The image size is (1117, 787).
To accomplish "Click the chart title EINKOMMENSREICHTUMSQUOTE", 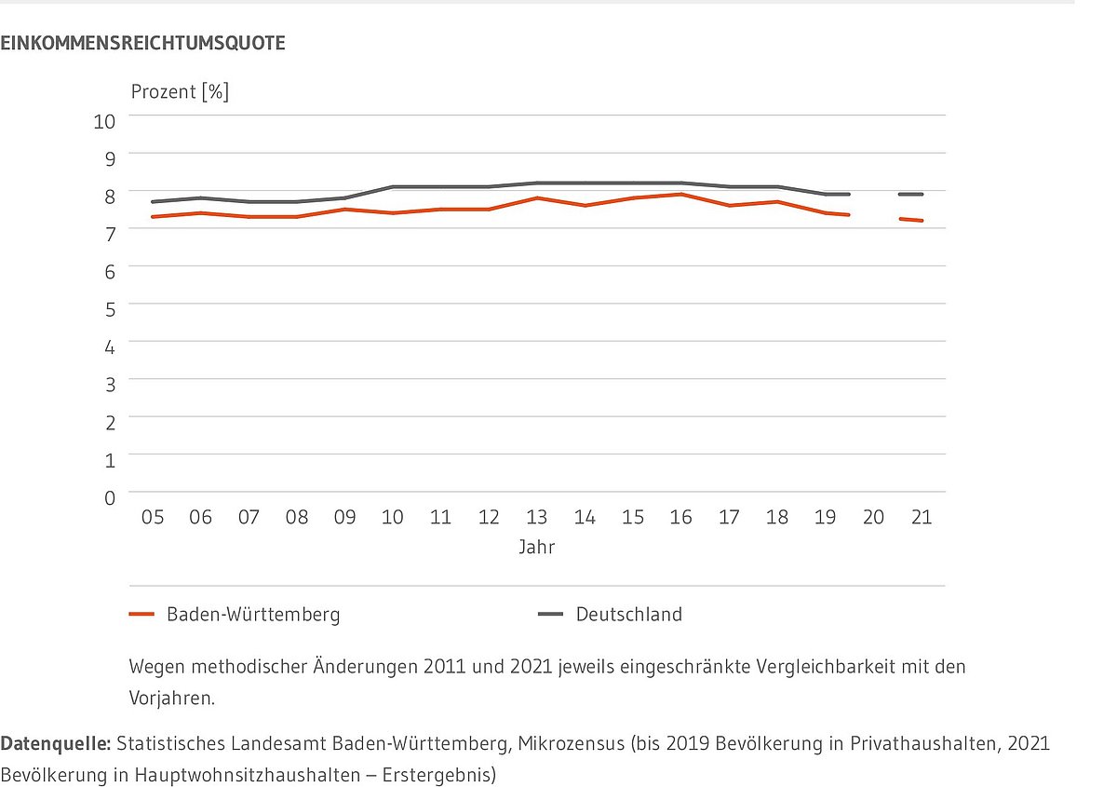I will (x=142, y=43).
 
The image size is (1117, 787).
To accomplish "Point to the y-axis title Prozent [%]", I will (x=180, y=91).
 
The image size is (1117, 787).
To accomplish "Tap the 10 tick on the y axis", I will (x=105, y=121).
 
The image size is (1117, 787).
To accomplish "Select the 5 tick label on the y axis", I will (x=110, y=308).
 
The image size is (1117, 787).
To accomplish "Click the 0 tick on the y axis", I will (x=110, y=498).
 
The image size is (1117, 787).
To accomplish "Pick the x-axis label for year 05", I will (x=153, y=518).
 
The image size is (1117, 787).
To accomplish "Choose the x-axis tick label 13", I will (x=537, y=518).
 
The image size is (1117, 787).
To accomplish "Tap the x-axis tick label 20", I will (x=873, y=518).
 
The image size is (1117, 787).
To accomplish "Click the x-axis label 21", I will (x=921, y=518).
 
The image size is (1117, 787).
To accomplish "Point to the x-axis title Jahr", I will (x=537, y=548).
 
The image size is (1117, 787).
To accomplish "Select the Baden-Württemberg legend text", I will (x=253, y=615).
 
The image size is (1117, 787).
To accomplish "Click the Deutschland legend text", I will (x=629, y=615).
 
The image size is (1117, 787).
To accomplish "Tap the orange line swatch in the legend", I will (x=141, y=615).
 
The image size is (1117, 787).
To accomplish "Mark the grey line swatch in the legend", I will (x=551, y=615).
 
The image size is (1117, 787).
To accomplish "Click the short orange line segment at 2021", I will (x=910, y=220).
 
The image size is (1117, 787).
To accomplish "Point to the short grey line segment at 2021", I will (x=910, y=195).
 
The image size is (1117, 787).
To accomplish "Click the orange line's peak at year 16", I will (x=681, y=195).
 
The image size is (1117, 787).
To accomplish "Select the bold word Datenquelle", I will (x=55, y=744).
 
